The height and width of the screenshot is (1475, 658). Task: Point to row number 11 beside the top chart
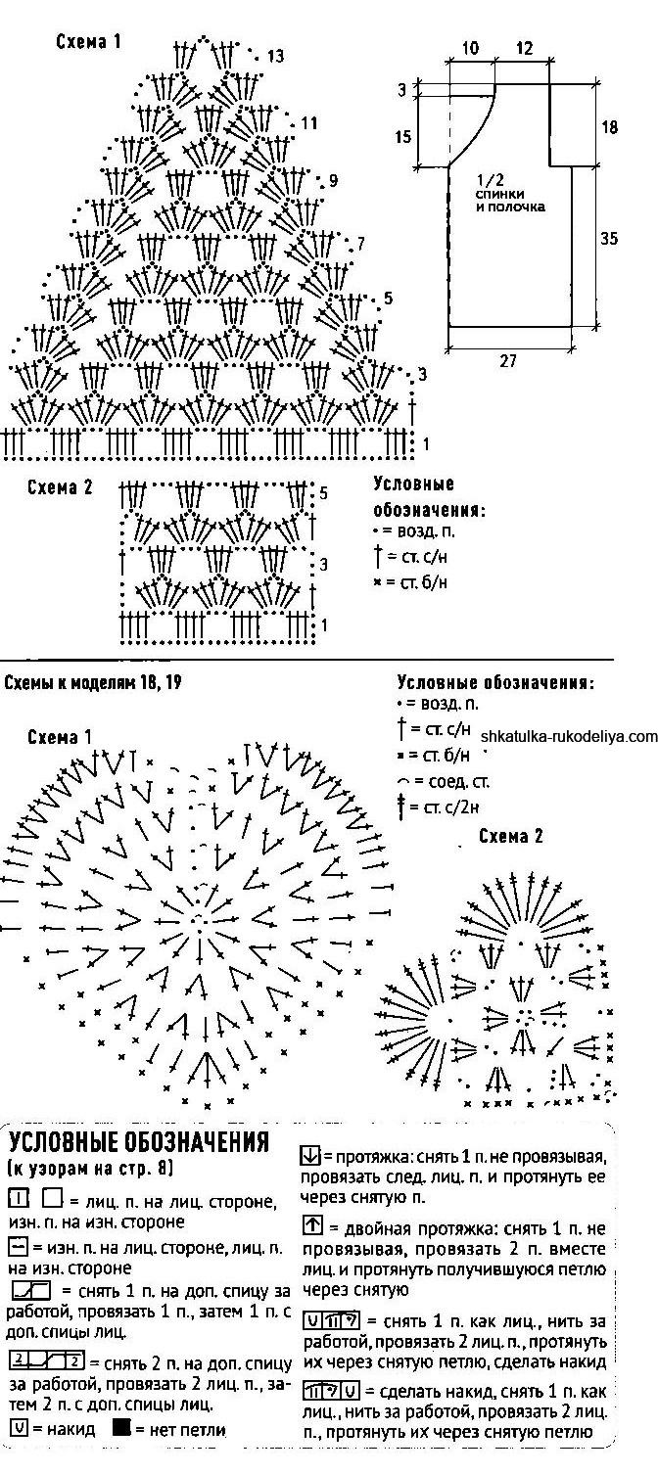(x=309, y=123)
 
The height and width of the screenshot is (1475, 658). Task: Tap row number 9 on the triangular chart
(x=333, y=181)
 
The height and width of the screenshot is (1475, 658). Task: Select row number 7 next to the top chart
(x=360, y=243)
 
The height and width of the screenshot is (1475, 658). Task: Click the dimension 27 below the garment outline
(x=507, y=361)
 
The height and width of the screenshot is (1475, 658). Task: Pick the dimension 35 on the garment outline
(x=609, y=238)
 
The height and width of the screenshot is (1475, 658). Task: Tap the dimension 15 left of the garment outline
(x=403, y=137)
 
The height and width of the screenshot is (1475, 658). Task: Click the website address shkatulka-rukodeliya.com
(x=569, y=736)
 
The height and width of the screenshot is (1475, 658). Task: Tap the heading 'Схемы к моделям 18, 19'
(x=93, y=682)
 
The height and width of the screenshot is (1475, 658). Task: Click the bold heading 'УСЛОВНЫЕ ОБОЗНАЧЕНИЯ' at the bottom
(x=138, y=1143)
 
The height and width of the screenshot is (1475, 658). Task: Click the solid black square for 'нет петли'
(x=121, y=1428)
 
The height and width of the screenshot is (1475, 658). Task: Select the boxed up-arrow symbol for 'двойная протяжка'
(x=313, y=1225)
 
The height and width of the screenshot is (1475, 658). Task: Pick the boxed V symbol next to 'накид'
(x=17, y=1429)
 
